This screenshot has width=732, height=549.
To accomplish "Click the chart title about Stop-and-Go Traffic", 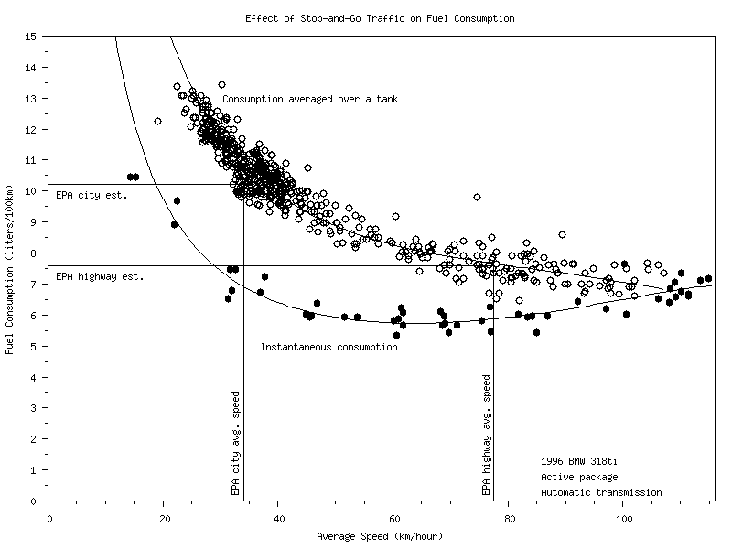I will (x=380, y=18).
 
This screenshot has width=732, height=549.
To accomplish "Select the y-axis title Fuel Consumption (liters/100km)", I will (x=10, y=269).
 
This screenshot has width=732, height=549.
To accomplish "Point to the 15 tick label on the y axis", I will (x=31, y=37).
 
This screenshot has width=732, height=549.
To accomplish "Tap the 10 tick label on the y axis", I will (x=31, y=191).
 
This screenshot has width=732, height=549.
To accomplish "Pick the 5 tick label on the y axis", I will (x=34, y=346).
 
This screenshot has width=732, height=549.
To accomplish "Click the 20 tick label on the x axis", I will (x=164, y=518).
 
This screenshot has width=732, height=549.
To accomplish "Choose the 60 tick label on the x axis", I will (x=394, y=518).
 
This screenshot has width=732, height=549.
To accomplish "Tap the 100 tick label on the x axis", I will (x=625, y=518).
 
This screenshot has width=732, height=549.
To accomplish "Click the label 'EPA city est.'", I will (x=91, y=195).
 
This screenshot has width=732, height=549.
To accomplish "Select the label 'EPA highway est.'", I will (x=100, y=275).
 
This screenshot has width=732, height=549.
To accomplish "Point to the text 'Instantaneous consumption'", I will (x=329, y=347).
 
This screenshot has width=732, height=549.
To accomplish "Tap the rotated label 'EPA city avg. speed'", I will (x=235, y=444).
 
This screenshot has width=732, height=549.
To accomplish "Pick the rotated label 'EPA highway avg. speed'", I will (x=486, y=435).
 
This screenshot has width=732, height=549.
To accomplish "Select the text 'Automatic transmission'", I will (x=601, y=492).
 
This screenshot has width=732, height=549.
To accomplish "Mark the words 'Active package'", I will (x=579, y=477).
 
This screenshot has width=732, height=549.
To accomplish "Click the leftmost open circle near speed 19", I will (x=157, y=121).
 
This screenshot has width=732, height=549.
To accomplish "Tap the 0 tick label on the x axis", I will (x=48, y=518).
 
